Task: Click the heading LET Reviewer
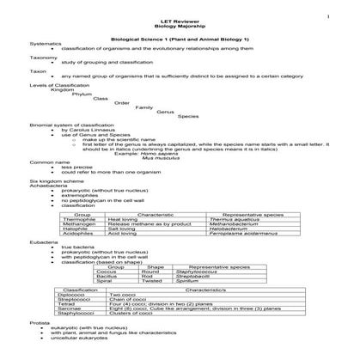(x=180, y=20)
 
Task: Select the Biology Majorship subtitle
(x=180, y=26)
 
